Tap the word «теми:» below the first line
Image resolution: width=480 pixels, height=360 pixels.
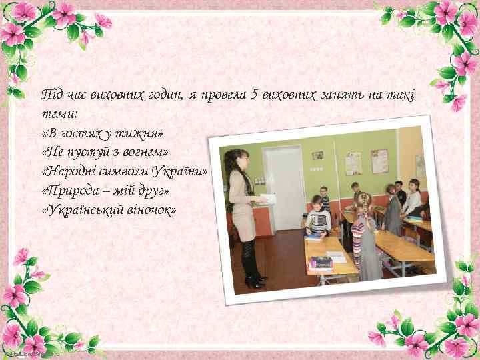click(x=58, y=114)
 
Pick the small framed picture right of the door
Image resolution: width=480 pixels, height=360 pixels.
click(x=318, y=155)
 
